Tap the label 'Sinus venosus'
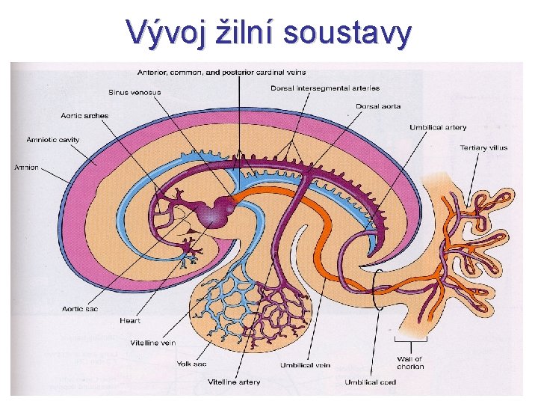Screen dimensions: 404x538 click(x=134, y=93)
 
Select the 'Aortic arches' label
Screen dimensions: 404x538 click(x=84, y=116)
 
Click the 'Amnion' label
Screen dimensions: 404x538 click(x=26, y=168)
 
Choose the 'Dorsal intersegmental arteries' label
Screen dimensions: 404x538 click(x=324, y=88)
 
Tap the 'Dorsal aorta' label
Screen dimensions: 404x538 click(x=377, y=107)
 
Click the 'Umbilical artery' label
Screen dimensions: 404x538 click(x=437, y=127)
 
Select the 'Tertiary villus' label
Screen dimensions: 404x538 click(x=483, y=147)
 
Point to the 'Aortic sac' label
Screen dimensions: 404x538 click(x=81, y=308)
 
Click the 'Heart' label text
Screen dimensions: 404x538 click(x=130, y=321)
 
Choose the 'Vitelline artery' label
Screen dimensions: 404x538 click(x=234, y=382)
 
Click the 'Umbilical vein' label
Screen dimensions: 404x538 click(x=304, y=366)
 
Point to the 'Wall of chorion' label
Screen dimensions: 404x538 click(x=410, y=363)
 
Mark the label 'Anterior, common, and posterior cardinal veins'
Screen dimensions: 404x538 click(x=221, y=73)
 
